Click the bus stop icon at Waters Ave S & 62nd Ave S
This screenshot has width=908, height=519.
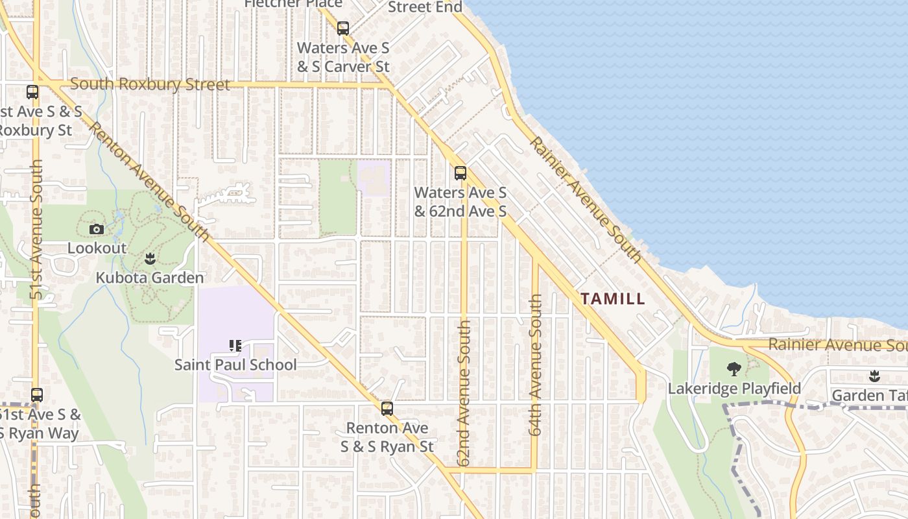coord(460,173)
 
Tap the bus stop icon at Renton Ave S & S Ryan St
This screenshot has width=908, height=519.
coord(387,409)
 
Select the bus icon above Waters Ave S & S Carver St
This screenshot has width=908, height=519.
coord(343,29)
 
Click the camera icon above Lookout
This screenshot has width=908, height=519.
coord(97,229)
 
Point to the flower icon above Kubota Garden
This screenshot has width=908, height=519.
coord(150,259)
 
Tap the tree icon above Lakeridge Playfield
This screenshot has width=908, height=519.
coord(734,369)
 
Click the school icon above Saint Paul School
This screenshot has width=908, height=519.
coord(235,346)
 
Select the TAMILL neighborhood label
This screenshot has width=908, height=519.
coord(613,299)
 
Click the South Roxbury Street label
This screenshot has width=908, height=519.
coord(150,85)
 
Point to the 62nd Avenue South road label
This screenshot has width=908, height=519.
coord(464,392)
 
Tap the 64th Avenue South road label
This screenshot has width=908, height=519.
coord(535,365)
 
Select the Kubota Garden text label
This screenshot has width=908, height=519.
coord(150,278)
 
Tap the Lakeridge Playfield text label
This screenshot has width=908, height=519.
coord(734,389)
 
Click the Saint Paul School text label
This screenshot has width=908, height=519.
coord(235,365)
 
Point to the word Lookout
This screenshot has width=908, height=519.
coord(97,248)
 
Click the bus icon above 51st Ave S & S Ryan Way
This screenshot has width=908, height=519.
coord(37,394)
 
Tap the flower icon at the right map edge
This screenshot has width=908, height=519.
coord(874,376)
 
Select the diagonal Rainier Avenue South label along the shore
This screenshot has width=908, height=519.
coord(586,200)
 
